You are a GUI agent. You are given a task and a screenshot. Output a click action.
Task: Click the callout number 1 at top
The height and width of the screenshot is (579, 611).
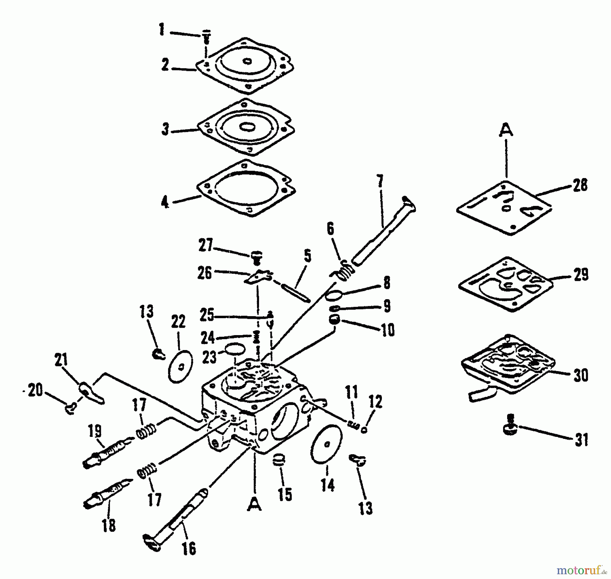[x=162, y=30]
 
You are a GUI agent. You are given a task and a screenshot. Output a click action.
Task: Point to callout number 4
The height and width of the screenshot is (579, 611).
[x=165, y=202]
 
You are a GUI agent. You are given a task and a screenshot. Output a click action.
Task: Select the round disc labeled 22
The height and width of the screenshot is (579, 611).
[x=181, y=366]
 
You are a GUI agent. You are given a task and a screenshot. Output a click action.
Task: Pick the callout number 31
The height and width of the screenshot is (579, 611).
[x=581, y=440]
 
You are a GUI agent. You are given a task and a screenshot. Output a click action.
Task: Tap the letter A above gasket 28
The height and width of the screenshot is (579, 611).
[x=506, y=130]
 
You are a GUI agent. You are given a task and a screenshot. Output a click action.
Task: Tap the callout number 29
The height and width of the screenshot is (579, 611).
[x=581, y=275]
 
